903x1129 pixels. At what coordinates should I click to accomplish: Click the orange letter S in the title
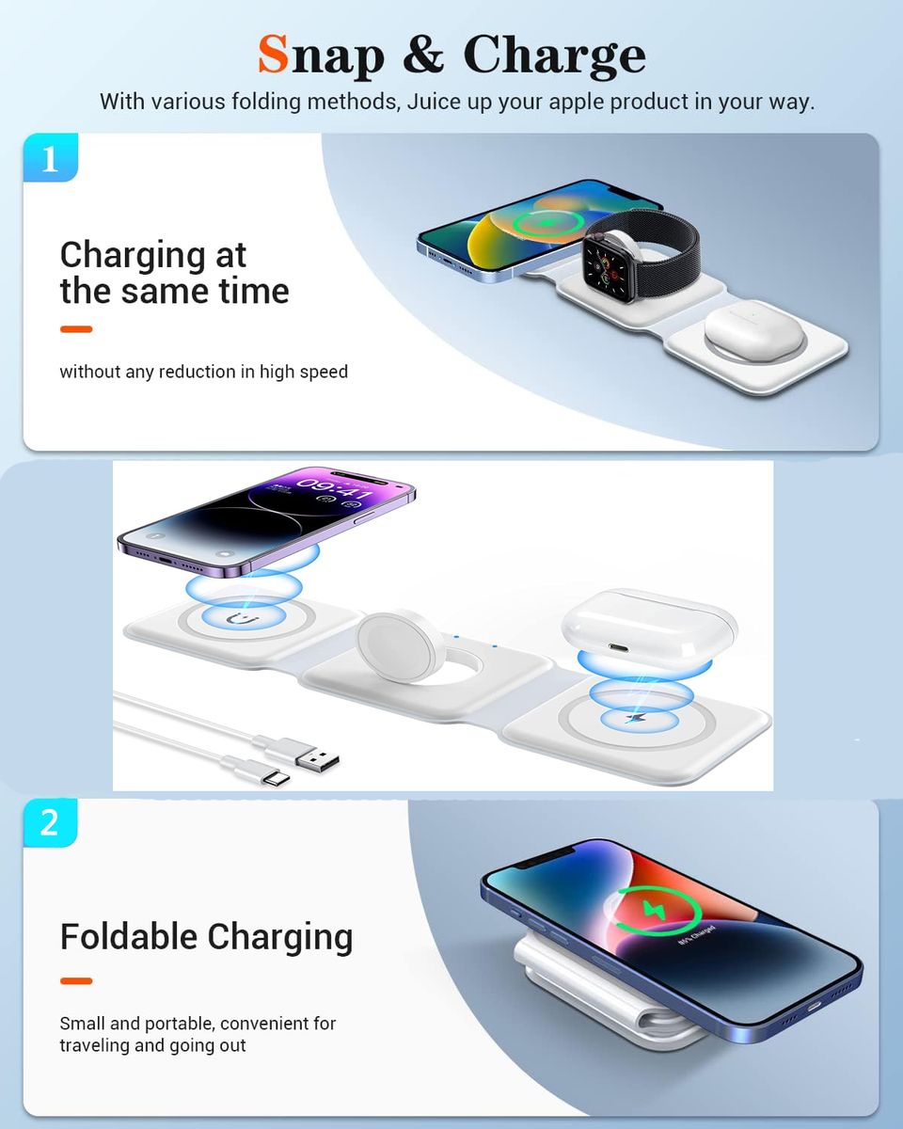click(x=274, y=54)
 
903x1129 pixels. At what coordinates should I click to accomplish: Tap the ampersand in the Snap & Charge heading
click(x=423, y=54)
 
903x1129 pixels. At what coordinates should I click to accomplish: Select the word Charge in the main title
click(x=555, y=56)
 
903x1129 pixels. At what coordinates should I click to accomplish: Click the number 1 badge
click(x=51, y=157)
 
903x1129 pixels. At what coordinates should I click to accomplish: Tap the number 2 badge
click(x=50, y=822)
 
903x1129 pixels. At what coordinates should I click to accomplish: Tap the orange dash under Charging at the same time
click(x=76, y=329)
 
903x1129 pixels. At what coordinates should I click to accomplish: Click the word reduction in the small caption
click(x=197, y=372)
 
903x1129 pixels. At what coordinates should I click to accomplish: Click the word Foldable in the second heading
click(x=128, y=937)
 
